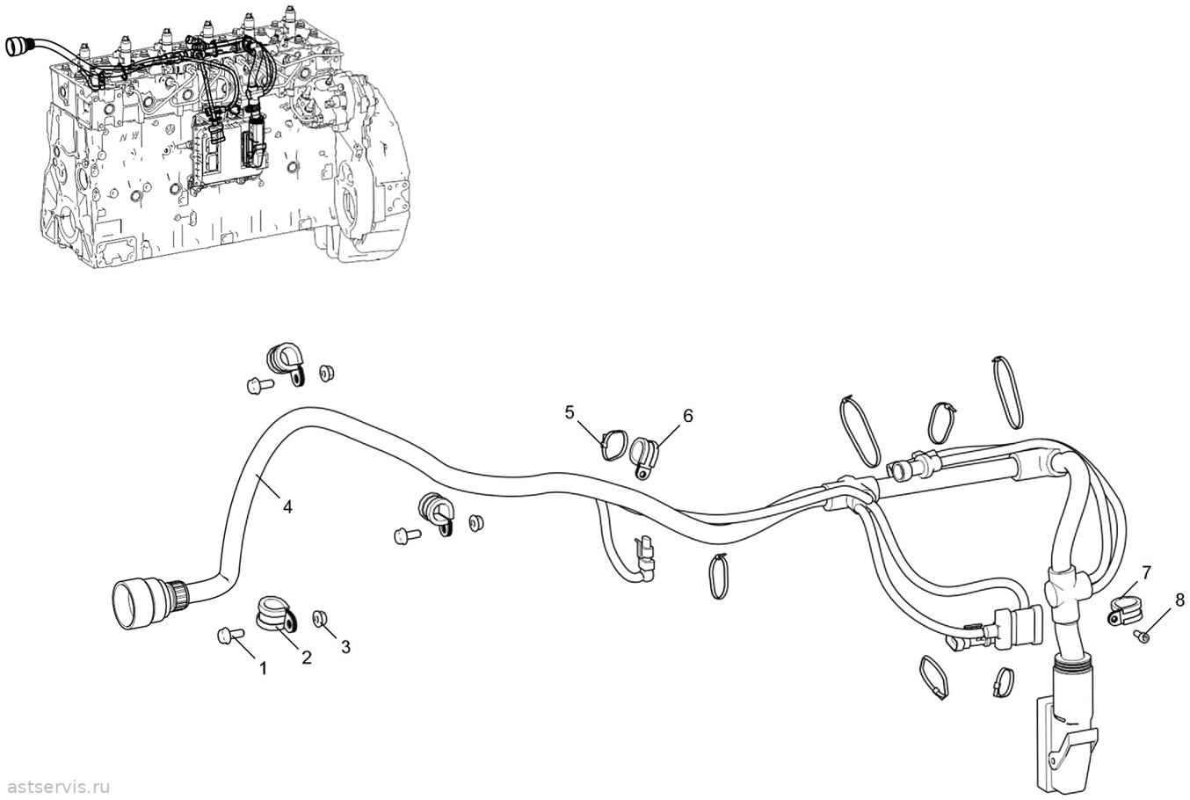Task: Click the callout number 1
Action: click(x=263, y=668)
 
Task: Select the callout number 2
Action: click(x=306, y=658)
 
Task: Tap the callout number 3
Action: click(x=346, y=647)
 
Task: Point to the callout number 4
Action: click(x=287, y=507)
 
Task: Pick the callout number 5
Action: click(x=570, y=412)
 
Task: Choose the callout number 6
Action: click(x=687, y=416)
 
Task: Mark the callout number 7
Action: click(x=1146, y=572)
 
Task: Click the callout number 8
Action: click(x=1179, y=600)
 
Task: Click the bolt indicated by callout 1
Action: click(x=230, y=634)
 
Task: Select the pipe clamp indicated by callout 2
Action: click(x=276, y=615)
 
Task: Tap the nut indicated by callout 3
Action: click(x=319, y=618)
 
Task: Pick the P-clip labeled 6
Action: click(x=644, y=456)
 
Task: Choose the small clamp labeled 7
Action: click(x=1126, y=610)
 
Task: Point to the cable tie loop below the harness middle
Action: click(x=718, y=576)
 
